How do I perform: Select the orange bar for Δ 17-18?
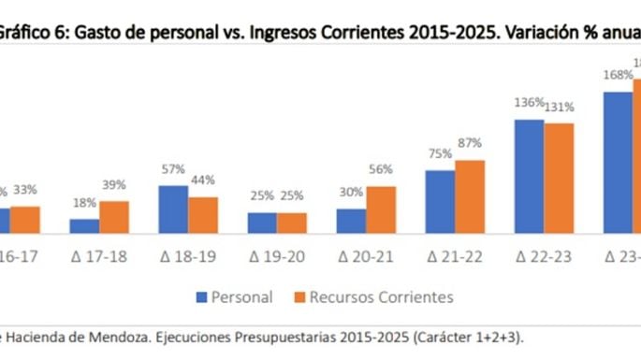[114, 216]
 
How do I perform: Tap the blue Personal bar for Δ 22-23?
[529, 176]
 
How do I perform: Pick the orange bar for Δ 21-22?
[470, 195]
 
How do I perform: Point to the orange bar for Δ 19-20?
[291, 222]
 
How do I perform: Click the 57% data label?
[173, 170]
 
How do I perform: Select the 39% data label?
[114, 186]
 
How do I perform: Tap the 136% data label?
[529, 103]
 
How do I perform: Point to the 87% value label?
[470, 144]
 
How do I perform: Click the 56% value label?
[381, 170]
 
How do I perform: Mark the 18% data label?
[84, 204]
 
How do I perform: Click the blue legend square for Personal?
[200, 297]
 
